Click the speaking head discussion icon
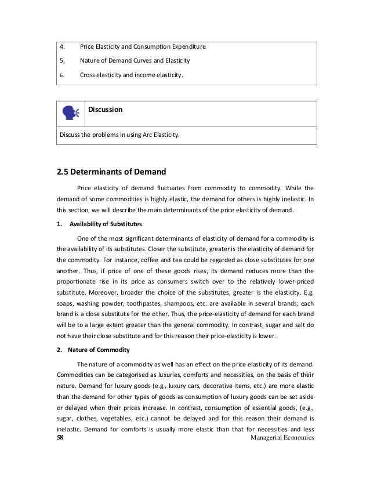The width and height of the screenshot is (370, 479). [71, 113]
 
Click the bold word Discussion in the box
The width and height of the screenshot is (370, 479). [106, 109]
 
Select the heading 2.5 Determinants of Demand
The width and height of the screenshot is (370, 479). [111, 172]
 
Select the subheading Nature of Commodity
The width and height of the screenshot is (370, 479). [99, 350]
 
